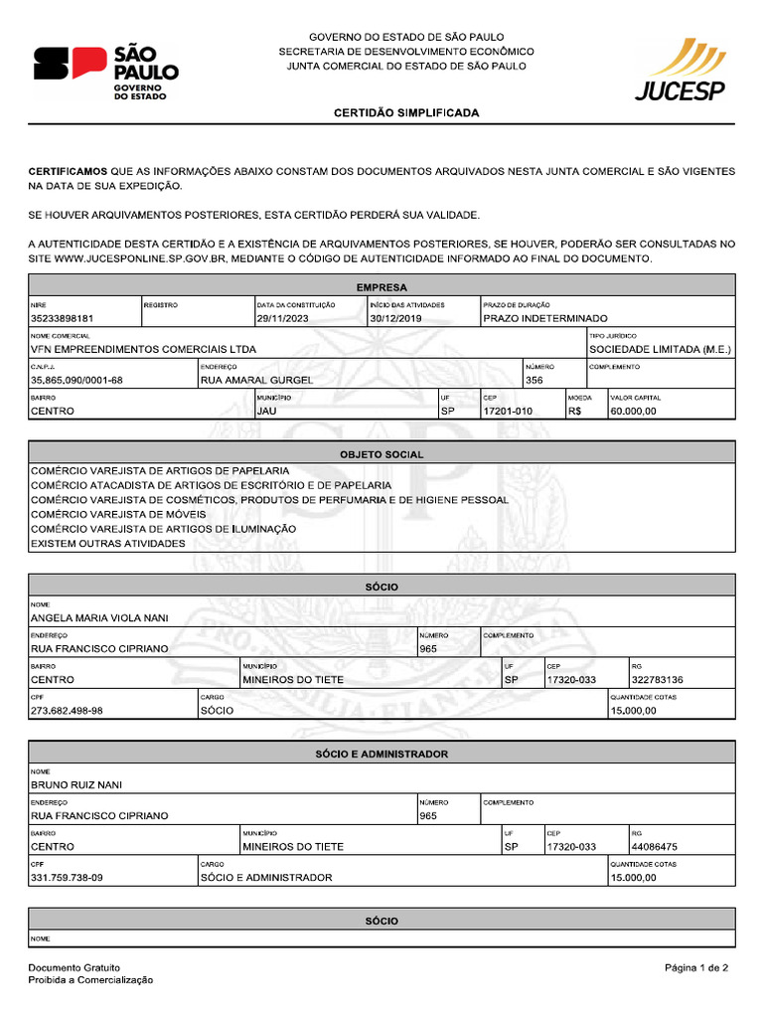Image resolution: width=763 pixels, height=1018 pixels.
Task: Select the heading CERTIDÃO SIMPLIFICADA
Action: click(x=405, y=113)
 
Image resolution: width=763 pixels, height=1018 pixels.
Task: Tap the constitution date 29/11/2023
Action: click(x=283, y=319)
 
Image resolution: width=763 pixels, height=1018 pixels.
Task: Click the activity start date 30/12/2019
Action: click(x=395, y=319)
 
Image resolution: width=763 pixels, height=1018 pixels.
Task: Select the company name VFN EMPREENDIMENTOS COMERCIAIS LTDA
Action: click(x=143, y=350)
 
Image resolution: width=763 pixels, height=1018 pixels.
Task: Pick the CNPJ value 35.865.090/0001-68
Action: click(x=76, y=380)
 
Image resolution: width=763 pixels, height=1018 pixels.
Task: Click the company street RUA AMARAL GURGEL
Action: click(x=256, y=380)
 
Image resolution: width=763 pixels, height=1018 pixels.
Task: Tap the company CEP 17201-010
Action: click(x=508, y=411)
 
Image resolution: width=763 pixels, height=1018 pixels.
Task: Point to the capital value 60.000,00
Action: click(x=634, y=411)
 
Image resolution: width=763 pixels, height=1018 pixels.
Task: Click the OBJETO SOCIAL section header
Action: click(x=381, y=454)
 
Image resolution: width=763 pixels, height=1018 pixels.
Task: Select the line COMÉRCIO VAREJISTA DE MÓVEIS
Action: click(x=118, y=515)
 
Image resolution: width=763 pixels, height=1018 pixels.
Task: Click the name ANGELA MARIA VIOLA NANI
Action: click(x=99, y=618)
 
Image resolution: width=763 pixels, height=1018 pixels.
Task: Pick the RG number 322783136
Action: click(x=657, y=680)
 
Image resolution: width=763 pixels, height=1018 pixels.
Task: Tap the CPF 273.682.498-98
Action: click(x=67, y=711)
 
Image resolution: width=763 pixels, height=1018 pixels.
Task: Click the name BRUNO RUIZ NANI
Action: click(x=76, y=785)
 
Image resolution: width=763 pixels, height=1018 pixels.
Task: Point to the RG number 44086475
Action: click(x=654, y=847)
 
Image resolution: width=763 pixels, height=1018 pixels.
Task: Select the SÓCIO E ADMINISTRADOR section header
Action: click(x=381, y=755)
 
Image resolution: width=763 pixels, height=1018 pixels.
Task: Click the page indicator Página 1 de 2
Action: click(x=696, y=967)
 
